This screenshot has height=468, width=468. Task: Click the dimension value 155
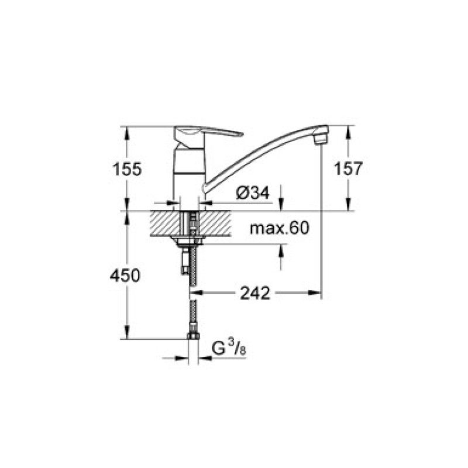126,170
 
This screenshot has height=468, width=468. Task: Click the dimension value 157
347,170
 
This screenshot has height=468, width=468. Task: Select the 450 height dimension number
126,276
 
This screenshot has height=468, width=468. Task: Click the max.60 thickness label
278,228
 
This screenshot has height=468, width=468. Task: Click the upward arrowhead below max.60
282,248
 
